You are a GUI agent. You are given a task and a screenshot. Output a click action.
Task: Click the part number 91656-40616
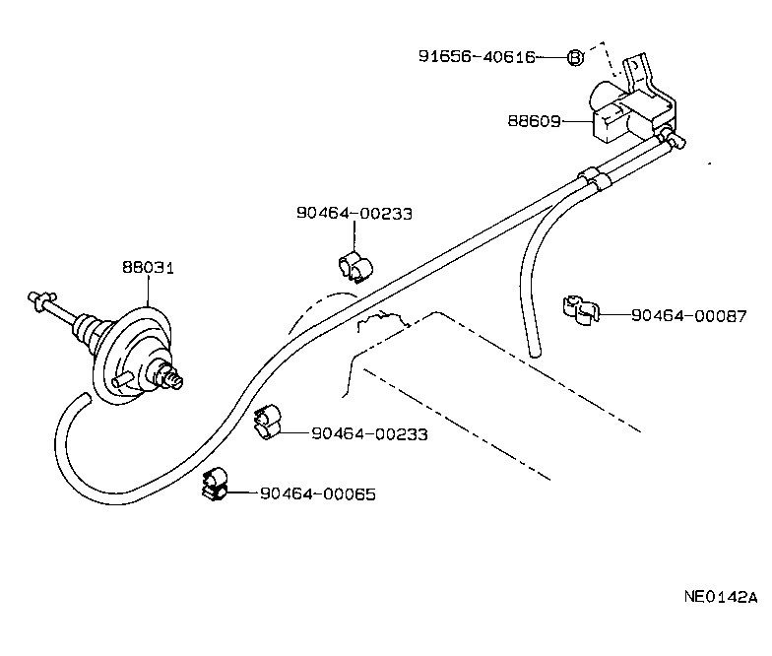coord(477,57)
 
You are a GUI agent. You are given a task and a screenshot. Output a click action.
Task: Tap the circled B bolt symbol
coord(576,57)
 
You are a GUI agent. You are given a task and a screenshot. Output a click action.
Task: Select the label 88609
coord(535,122)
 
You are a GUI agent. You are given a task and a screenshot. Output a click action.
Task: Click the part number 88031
coord(148,267)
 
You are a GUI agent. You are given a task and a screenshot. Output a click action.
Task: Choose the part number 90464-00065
coord(317,493)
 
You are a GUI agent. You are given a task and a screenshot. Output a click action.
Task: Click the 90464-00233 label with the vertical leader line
coord(354,213)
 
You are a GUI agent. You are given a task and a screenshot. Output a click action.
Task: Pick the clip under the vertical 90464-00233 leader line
coord(352,266)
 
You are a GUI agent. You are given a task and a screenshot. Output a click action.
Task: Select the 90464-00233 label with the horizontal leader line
coord(368,432)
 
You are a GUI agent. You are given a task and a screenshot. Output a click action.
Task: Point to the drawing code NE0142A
coord(721,597)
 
